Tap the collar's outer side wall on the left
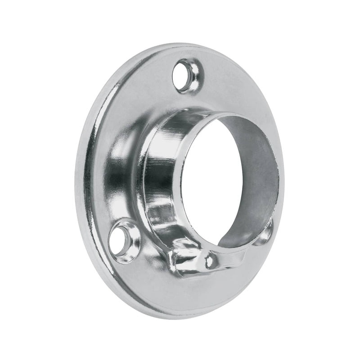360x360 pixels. [x=155, y=180]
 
